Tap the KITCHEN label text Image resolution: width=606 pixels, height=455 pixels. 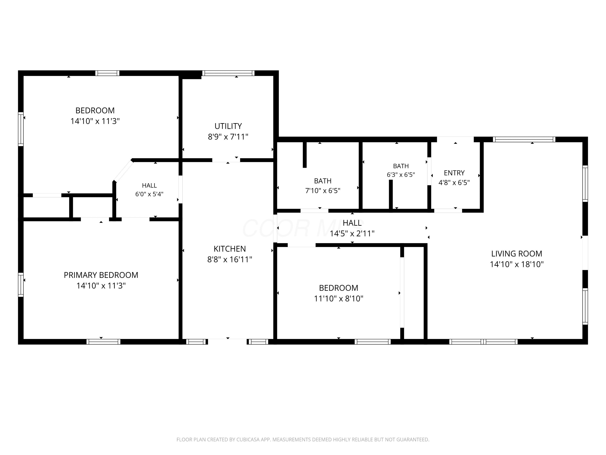pos(230,249)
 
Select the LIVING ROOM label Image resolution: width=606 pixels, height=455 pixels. pos(517,254)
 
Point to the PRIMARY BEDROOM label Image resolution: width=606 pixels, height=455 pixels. pos(101,275)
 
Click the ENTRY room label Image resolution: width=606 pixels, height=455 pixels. pos(454,173)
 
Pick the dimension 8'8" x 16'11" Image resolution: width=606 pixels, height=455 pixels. pos(230,259)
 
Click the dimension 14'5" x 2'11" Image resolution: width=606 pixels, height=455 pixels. pos(352,233)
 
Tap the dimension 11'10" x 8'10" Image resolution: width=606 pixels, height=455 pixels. pos(339,298)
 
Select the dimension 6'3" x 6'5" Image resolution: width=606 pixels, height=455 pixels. pos(401,175)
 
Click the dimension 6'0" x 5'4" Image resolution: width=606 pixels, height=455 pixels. pos(149,194)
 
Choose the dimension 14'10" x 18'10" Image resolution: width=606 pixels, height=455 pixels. pos(517,264)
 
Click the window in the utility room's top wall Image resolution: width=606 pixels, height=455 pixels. pos(228,73)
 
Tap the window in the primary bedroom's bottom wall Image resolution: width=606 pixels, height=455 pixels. pos(103,342)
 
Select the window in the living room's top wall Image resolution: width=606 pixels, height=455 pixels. pos(524,139)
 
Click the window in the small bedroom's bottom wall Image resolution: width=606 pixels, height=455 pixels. pos(372,342)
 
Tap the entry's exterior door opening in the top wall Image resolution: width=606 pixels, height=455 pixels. pos(455,139)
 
